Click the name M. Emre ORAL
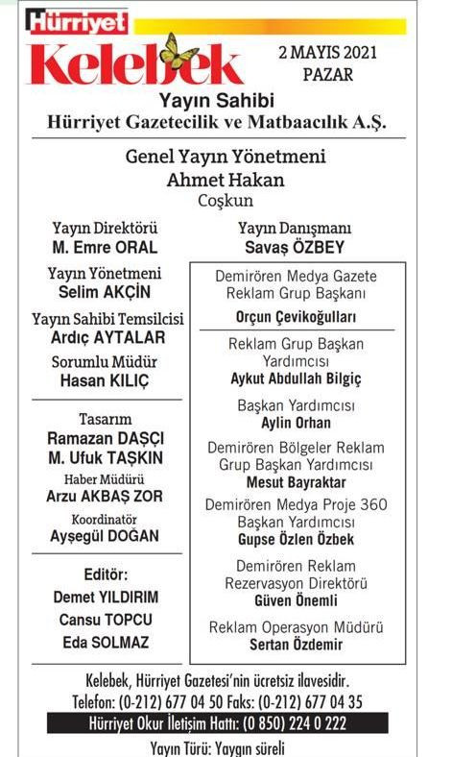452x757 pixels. click(x=105, y=247)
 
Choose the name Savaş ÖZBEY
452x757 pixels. click(x=294, y=247)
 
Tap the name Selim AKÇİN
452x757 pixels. click(x=104, y=292)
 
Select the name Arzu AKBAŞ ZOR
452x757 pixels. click(x=105, y=497)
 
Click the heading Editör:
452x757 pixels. click(x=104, y=574)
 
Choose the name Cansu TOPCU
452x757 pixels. click(x=105, y=619)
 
